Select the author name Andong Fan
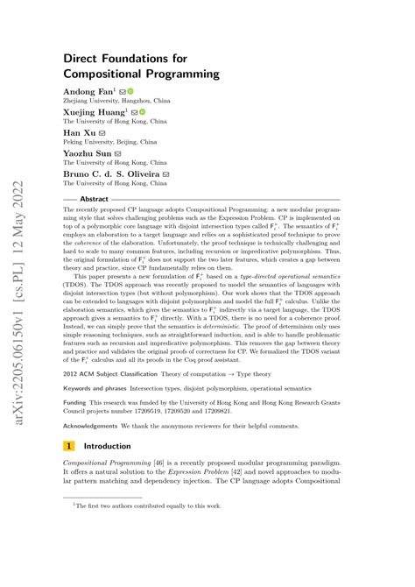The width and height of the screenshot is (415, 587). coord(85,90)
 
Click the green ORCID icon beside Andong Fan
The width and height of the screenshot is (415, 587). coord(130,90)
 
